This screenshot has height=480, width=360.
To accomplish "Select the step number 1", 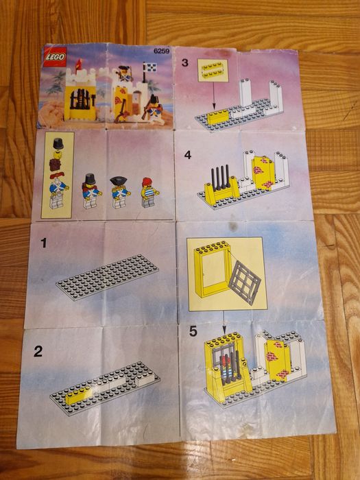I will tap(45, 242).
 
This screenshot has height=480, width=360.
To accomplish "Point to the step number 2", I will tap(38, 352).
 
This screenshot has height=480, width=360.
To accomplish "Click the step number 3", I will tap(185, 62).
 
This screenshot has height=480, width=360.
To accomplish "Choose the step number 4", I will tap(188, 154).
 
